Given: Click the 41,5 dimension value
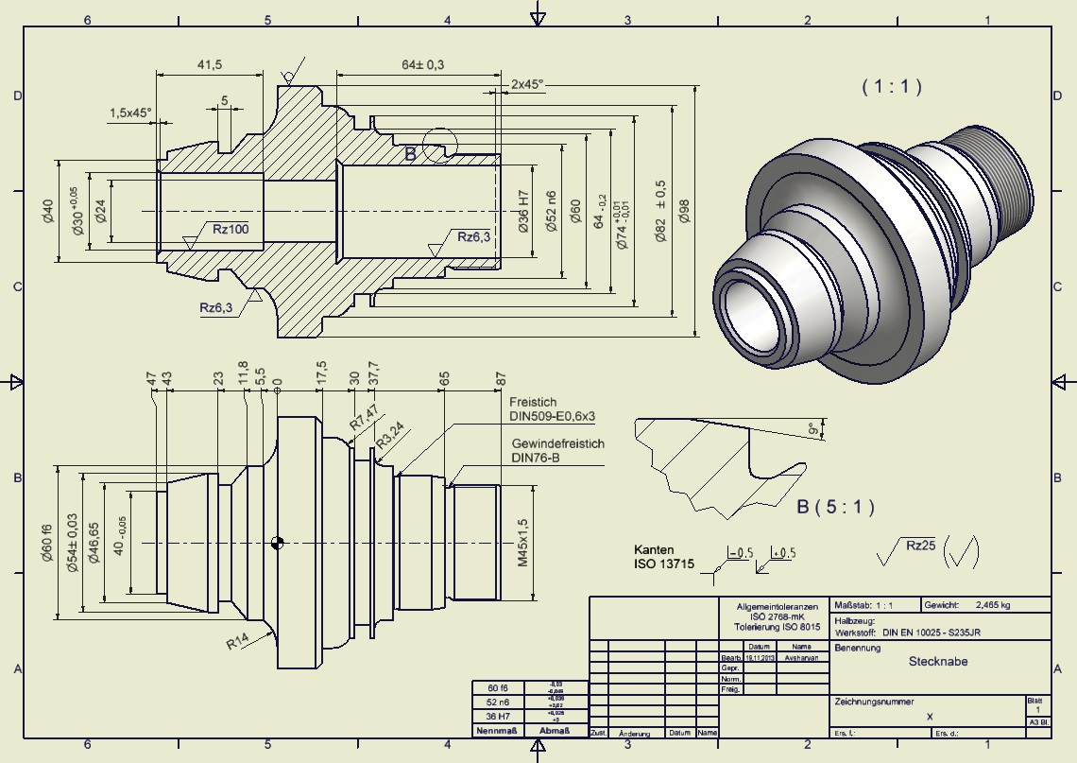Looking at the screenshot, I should tap(210, 64).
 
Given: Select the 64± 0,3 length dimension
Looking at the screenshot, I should tap(422, 64).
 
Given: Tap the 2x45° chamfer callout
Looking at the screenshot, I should tap(527, 84).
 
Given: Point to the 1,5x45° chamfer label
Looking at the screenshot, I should tap(130, 113).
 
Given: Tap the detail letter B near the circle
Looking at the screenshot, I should tap(410, 154).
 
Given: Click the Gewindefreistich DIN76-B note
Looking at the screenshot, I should tap(557, 450).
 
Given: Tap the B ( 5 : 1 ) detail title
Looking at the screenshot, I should tap(835, 507).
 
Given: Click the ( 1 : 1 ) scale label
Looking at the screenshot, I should tap(891, 86).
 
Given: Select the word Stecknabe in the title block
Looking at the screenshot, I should tap(938, 662).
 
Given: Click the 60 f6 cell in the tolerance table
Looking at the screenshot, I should tap(497, 687).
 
